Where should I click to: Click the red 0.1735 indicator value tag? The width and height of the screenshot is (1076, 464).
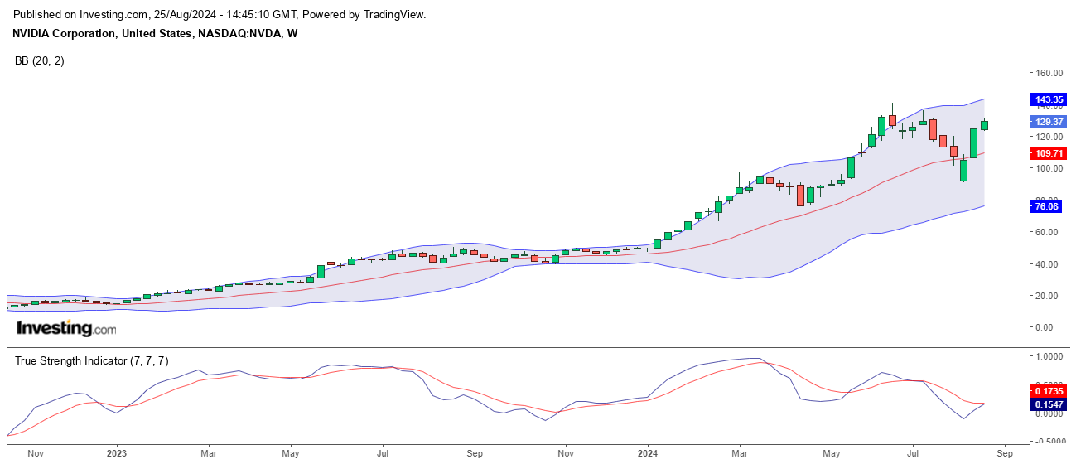tap(1049, 389)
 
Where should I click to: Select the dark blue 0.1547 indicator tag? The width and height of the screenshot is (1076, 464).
tap(1049, 404)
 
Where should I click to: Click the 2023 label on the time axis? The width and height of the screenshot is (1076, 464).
tap(117, 453)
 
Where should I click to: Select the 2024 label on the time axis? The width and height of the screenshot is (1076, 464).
tap(648, 453)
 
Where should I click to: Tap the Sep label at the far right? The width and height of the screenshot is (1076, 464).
tap(1004, 453)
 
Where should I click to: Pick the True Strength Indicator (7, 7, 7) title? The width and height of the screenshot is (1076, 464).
tap(92, 360)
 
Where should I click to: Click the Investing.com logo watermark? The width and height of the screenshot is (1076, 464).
tap(66, 328)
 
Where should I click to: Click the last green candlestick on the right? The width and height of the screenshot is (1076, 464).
tap(984, 125)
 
